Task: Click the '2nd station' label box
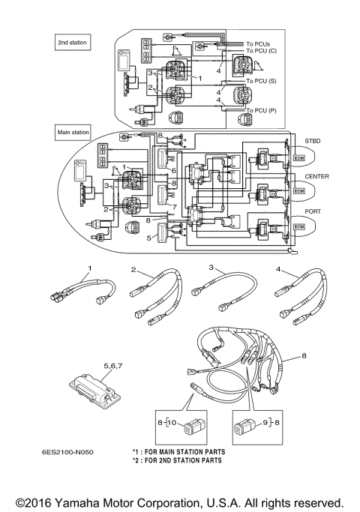pyautogui.click(x=73, y=43)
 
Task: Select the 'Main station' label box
pyautogui.click(x=73, y=132)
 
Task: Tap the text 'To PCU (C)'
pyautogui.click(x=261, y=51)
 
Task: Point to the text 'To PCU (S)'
pyautogui.click(x=261, y=81)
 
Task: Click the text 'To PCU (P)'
pyautogui.click(x=261, y=111)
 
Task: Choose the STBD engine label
pyautogui.click(x=313, y=141)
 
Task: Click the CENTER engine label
pyautogui.click(x=317, y=176)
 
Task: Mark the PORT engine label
pyautogui.click(x=313, y=211)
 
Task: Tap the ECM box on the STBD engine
pyautogui.click(x=299, y=158)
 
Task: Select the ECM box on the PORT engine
pyautogui.click(x=299, y=227)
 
